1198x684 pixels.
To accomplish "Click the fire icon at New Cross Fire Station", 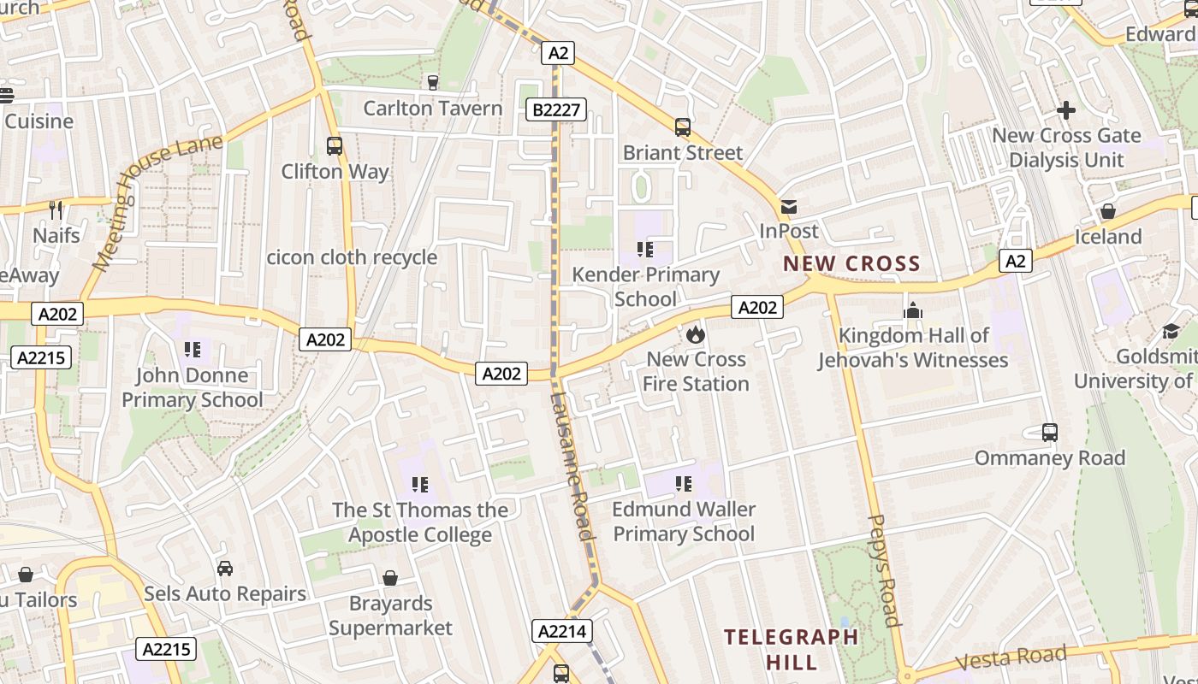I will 695,334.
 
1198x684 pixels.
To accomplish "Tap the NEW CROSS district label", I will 851,263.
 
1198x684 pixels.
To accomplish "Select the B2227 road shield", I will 556,109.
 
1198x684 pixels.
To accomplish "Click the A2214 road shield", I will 562,632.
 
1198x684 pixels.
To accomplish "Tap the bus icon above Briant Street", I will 682,127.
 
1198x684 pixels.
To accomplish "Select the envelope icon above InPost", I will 788,206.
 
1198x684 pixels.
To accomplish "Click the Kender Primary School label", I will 645,286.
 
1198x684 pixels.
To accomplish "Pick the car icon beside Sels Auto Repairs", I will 225,569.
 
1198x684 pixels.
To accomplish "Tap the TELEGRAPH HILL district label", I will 791,649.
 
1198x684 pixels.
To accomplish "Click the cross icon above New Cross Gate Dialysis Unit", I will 1065,110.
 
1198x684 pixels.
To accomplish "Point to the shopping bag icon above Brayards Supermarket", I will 390,579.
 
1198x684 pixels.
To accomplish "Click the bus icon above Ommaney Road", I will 1050,433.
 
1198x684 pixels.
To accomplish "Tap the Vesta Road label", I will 1011,658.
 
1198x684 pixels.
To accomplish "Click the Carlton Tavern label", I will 432,108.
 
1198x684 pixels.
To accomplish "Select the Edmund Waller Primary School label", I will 684,522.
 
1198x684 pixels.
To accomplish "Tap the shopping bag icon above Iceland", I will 1108,211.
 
